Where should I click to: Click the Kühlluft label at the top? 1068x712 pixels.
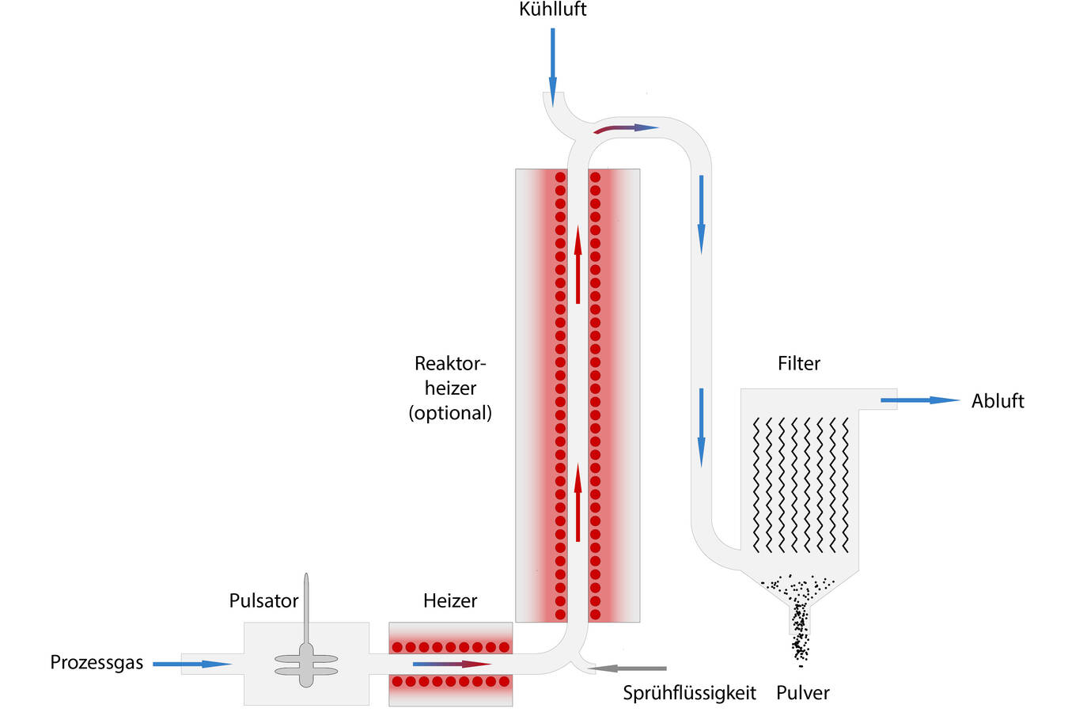(x=552, y=9)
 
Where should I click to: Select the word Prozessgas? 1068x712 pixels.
(x=97, y=662)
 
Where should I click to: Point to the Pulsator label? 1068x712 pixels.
(x=263, y=600)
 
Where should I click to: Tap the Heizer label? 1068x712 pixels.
(x=449, y=600)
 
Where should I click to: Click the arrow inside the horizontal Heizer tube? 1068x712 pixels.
(x=452, y=664)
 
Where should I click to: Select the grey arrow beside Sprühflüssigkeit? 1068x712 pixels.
(x=628, y=668)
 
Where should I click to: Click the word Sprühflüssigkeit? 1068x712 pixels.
(x=689, y=693)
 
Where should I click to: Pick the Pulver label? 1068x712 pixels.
(x=802, y=693)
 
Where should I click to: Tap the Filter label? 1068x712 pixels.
(x=798, y=363)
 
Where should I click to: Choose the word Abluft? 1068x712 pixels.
(x=997, y=401)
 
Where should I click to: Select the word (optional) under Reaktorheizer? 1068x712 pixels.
(x=450, y=413)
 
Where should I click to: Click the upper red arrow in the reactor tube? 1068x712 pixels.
(x=578, y=264)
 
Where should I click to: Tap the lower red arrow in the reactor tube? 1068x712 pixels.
(x=578, y=503)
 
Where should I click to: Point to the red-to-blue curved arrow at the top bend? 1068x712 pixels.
(x=625, y=127)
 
